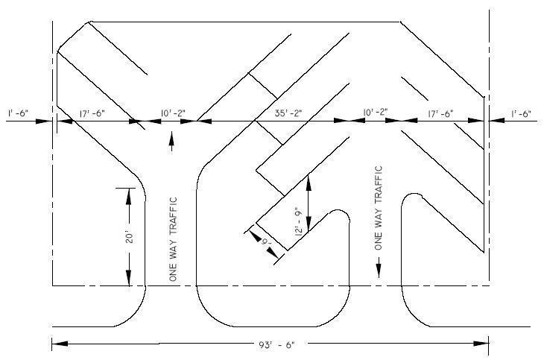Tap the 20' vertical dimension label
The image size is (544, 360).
129,238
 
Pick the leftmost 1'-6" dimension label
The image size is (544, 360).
19,113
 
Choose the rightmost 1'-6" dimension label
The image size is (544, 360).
520,113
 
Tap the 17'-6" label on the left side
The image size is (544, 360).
92,113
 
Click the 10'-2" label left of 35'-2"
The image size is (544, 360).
173,113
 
